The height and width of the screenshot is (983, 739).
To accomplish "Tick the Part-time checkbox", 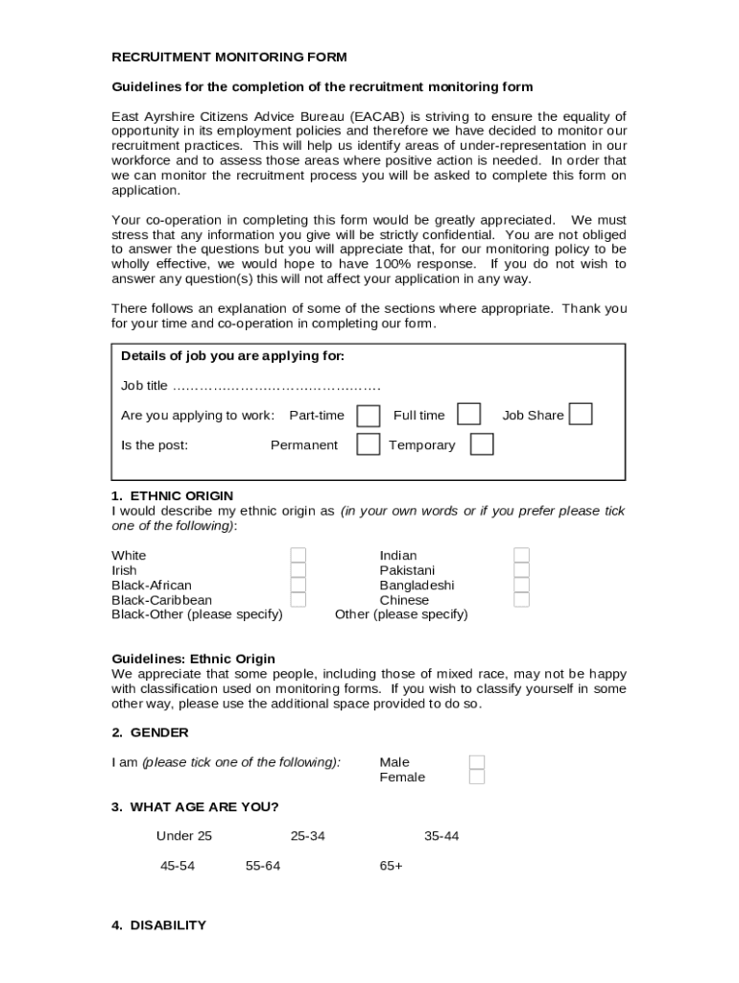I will click(x=368, y=415).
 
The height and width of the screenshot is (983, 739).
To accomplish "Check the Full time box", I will click(x=468, y=414).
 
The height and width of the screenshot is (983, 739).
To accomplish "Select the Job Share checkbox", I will click(x=581, y=414).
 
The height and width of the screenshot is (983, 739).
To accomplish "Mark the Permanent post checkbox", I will click(x=368, y=444).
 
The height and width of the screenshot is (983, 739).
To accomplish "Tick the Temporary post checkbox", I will click(x=482, y=444).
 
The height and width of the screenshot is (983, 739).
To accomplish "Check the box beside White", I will click(x=298, y=556).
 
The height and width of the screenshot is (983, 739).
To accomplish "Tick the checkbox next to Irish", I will click(x=298, y=570).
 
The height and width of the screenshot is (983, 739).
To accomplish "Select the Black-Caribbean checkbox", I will click(x=298, y=600).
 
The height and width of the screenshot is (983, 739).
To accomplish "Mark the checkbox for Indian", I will click(x=521, y=556).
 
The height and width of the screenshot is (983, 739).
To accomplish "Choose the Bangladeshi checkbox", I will click(x=521, y=585).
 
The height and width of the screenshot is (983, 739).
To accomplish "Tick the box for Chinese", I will click(x=521, y=600).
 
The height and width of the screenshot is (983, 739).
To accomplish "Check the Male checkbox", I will click(x=477, y=762).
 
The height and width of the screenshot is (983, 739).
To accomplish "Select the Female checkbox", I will click(x=477, y=777).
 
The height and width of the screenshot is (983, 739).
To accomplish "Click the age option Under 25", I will click(x=184, y=836).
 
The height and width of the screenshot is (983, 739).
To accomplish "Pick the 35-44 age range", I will click(x=441, y=836).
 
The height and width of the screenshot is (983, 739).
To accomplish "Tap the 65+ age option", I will click(x=392, y=866).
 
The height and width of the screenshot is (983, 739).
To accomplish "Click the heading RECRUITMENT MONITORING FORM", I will click(x=229, y=58).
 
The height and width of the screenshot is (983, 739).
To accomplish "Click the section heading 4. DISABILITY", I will click(x=158, y=925).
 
